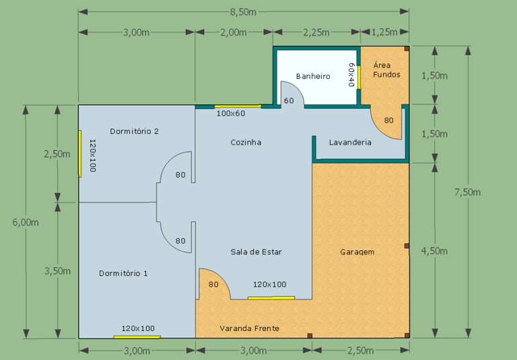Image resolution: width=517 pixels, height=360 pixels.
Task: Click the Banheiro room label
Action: [x=313, y=76]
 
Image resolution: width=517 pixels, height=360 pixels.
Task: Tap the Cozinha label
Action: [x=246, y=142]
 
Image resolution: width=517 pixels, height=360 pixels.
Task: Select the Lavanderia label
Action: [x=350, y=142]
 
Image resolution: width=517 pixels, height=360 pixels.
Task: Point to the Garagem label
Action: [x=357, y=252]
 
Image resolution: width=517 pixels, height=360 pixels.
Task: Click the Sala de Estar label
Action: [x=256, y=252]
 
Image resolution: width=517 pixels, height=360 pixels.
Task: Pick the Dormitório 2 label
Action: [x=134, y=131]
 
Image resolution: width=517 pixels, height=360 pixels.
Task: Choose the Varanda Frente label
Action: [x=249, y=328]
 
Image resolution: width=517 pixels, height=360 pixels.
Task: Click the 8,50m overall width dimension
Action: [x=243, y=12]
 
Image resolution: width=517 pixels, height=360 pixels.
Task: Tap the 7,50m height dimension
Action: [x=468, y=192]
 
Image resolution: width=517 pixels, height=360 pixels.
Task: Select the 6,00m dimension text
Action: [x=26, y=222]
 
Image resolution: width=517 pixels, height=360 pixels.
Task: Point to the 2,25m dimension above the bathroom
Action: [x=316, y=32]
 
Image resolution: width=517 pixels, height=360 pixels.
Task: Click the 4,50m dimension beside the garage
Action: [x=435, y=251]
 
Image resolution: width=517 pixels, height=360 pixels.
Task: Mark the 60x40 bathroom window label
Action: [x=351, y=75]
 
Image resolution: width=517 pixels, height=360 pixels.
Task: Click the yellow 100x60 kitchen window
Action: [x=238, y=106]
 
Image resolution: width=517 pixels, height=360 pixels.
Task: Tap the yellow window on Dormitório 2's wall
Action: [x=80, y=153]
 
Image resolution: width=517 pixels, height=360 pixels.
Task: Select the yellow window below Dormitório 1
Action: [x=137, y=337]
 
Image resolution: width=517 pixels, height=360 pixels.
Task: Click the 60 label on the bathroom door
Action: [x=289, y=100]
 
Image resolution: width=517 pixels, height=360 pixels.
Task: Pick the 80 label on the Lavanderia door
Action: [x=388, y=120]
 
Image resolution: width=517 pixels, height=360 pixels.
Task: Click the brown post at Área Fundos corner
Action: [x=407, y=48]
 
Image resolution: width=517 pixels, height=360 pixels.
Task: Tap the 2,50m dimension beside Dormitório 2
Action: [x=57, y=154]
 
